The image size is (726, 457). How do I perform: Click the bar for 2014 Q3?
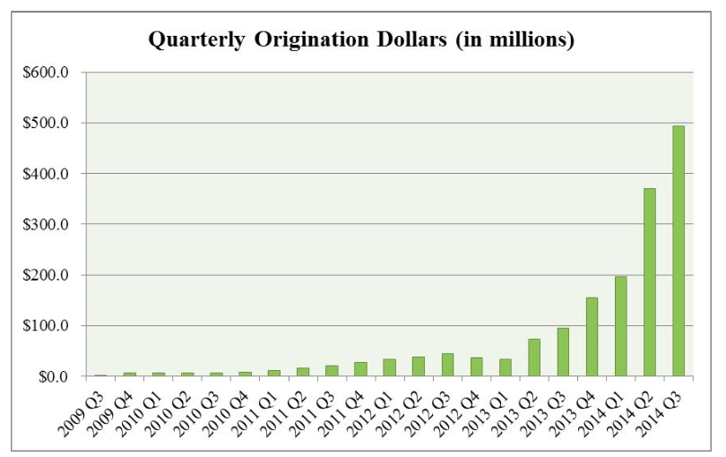click(678, 251)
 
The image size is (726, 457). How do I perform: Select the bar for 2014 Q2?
click(649, 282)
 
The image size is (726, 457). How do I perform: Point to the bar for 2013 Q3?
click(563, 352)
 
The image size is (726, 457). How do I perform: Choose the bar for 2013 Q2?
click(534, 358)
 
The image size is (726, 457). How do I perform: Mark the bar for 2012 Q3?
click(447, 365)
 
